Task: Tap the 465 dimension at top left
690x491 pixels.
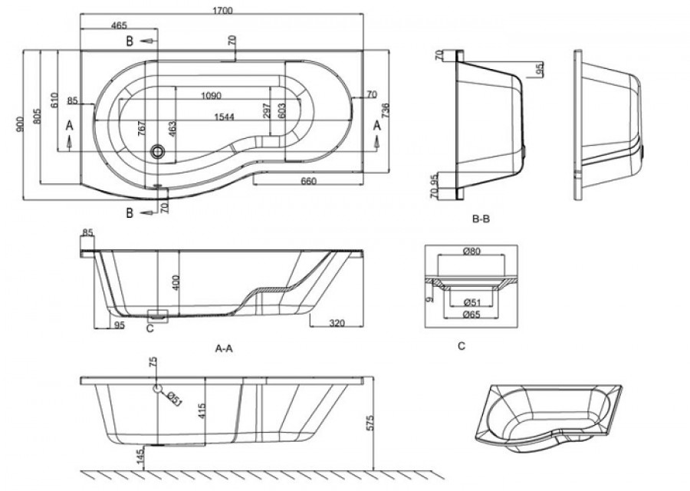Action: point(119,25)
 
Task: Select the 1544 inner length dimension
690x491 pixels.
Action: point(224,117)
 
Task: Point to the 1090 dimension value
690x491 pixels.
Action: point(212,96)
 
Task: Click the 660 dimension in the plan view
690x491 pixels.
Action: point(309,181)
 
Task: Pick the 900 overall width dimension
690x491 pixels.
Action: point(19,125)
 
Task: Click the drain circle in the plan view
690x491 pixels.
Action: point(157,152)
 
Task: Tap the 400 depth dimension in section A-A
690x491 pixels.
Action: point(176,283)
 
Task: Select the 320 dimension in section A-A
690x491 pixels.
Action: point(337,323)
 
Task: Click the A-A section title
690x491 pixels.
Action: point(224,349)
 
